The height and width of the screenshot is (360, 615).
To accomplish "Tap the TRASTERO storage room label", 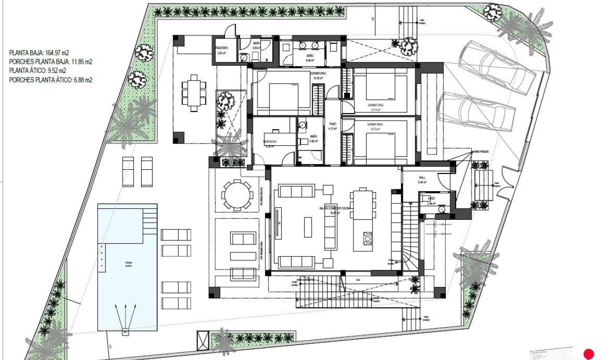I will click(x=222, y=48).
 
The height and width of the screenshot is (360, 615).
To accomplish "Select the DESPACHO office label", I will click(x=270, y=142).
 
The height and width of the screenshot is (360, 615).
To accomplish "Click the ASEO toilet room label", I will click(x=431, y=198).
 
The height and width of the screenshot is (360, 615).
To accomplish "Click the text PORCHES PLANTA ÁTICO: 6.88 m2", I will click(x=51, y=80).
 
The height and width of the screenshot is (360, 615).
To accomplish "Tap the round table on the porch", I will click(x=236, y=195).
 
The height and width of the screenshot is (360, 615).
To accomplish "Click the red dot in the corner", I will click(x=589, y=354).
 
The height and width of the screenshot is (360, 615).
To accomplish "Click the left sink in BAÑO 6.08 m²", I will click(x=303, y=46).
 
